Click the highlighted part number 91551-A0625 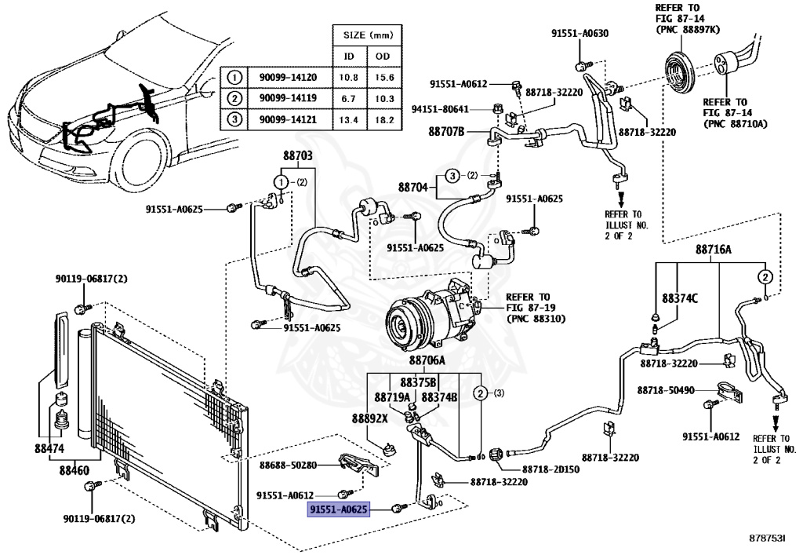(337, 510)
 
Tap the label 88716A (713, 250)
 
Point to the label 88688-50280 (288, 466)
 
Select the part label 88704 (412, 188)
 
